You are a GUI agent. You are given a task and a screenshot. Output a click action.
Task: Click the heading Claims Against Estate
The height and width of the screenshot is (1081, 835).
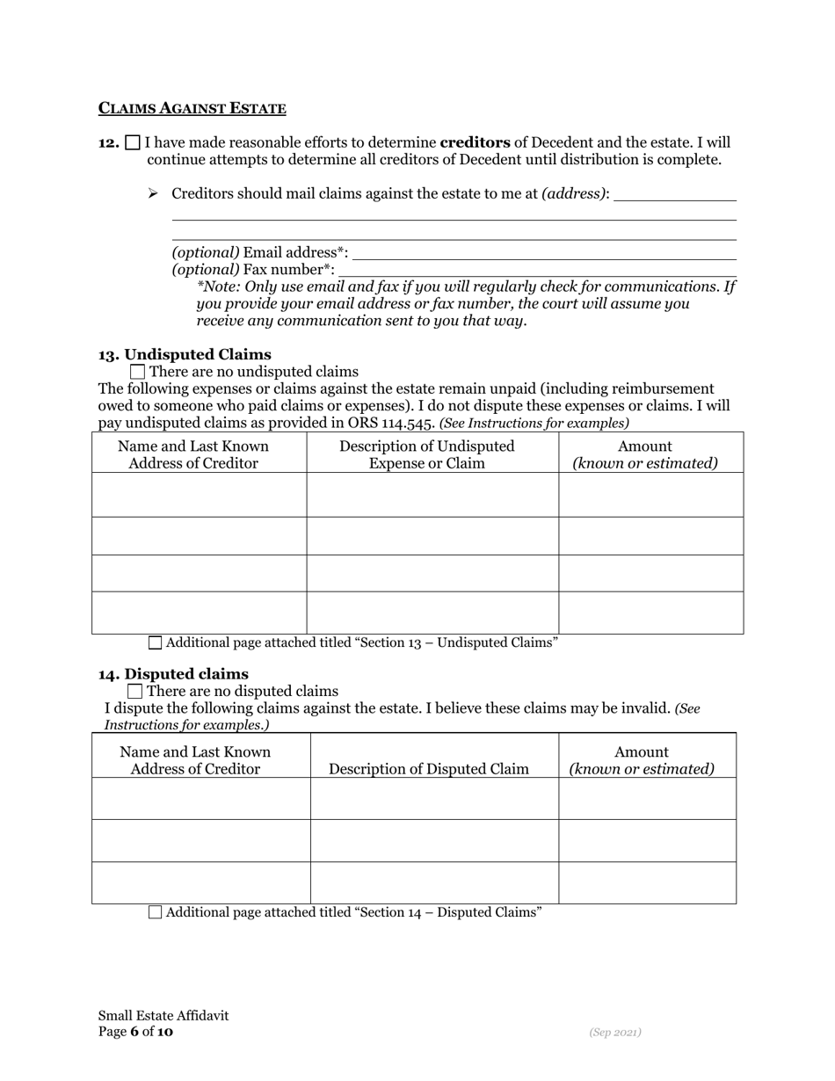point(192,109)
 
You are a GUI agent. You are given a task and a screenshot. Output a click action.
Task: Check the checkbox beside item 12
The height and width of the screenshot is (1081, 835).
point(133,142)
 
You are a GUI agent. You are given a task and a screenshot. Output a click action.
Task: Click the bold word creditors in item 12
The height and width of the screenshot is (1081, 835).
point(475,142)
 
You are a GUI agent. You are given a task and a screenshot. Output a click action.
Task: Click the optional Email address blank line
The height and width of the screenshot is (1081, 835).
point(543,253)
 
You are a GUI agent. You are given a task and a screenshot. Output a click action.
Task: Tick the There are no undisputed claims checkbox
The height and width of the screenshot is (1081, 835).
point(137,372)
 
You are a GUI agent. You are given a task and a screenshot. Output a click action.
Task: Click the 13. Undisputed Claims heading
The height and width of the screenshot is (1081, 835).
point(185,354)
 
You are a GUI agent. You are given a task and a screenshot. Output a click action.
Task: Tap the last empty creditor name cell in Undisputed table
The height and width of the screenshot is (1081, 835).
point(199,613)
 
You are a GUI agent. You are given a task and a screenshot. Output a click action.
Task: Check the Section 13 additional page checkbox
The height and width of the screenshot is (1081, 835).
point(156,642)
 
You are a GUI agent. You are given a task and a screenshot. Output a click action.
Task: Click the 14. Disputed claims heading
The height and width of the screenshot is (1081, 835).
point(173,674)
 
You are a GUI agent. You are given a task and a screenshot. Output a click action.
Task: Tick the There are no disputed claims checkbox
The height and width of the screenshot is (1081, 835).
point(134,692)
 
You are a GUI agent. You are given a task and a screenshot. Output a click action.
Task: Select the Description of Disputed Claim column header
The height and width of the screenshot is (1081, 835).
point(429,769)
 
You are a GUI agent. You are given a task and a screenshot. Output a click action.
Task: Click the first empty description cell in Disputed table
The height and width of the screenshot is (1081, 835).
point(434,798)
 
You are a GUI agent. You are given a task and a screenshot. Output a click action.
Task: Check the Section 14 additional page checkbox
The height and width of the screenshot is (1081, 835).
point(156,912)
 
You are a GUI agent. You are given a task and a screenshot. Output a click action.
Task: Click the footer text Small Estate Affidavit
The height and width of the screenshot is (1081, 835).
point(163,1015)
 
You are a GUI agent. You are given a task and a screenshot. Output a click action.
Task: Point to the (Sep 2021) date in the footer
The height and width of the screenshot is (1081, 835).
point(614,1032)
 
